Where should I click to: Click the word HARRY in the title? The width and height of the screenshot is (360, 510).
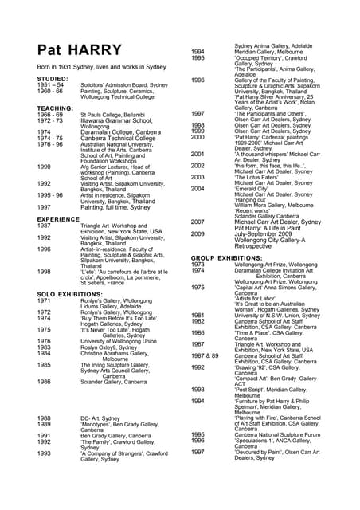93,50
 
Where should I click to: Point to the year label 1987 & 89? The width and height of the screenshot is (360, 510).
205,355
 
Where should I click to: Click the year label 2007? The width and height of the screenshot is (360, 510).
198,222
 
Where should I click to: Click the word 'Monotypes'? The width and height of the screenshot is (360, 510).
100,424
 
